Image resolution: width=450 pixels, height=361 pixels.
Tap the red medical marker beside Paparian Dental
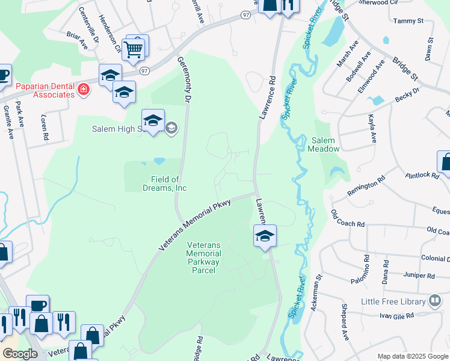click(x=83, y=91)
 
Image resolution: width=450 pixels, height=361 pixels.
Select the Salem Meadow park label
click(x=325, y=144)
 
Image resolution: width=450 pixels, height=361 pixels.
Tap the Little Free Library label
click(x=393, y=301)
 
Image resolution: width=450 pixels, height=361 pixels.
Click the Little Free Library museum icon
click(x=435, y=301)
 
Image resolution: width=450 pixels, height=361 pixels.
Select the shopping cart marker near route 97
click(x=133, y=49)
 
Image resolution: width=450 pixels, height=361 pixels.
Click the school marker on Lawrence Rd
click(x=264, y=235)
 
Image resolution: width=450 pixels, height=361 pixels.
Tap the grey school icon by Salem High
click(x=171, y=127)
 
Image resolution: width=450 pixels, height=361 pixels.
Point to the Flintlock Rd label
click(x=422, y=175)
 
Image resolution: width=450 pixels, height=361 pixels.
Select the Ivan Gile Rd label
click(x=396, y=315)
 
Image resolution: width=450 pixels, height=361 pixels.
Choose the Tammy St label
click(x=408, y=21)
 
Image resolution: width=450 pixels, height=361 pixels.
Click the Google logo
click(x=20, y=354)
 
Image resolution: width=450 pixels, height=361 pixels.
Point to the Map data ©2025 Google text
click(x=412, y=356)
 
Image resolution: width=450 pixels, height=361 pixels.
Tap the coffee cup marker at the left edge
click(x=3, y=75)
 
